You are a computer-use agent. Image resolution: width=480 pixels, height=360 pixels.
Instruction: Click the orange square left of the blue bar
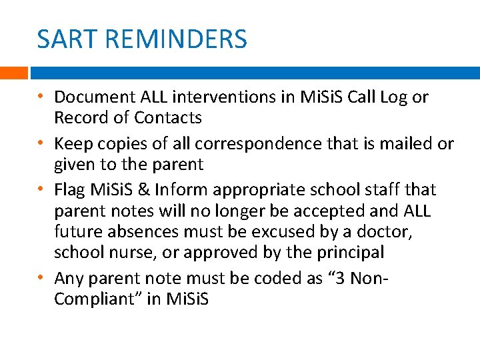coord(13,73)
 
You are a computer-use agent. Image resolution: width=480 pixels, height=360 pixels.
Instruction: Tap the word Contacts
coord(168,118)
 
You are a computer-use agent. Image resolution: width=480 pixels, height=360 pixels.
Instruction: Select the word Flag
coord(70,190)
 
